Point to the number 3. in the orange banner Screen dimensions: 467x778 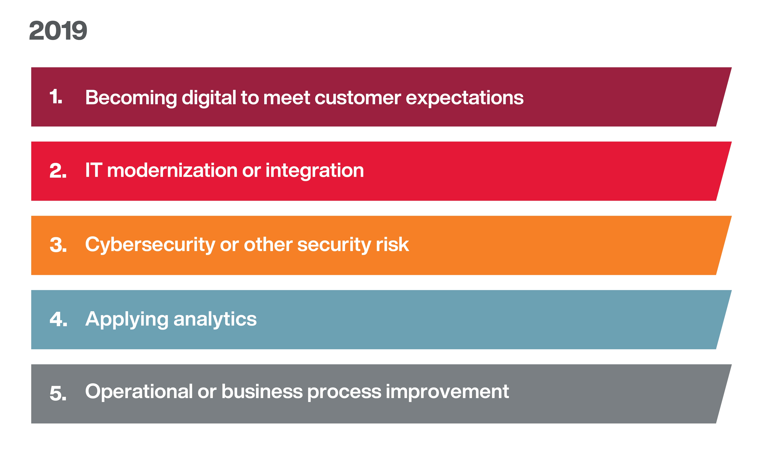point(58,245)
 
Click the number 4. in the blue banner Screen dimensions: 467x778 point(58,319)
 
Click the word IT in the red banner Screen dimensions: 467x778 point(94,170)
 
